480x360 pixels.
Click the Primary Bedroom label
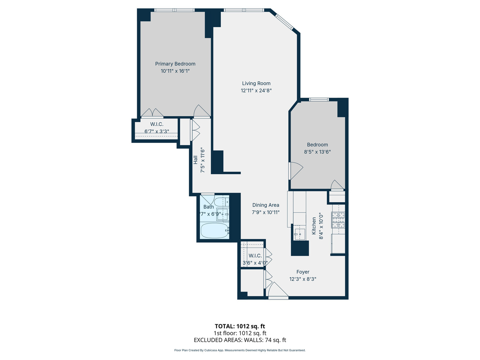pos(175,64)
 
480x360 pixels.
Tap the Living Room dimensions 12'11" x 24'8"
pos(256,90)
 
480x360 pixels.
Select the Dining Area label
pos(266,205)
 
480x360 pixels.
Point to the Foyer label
pos(303,272)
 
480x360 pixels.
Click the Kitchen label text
pos(314,226)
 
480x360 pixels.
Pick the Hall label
pos(195,160)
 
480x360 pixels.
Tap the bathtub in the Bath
pos(215,231)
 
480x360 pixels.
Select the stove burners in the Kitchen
pos(338,220)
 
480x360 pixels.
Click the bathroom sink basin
pos(223,214)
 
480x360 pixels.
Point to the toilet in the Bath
pos(221,201)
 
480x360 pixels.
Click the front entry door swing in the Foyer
pos(278,290)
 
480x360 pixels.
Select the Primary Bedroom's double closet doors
pos(152,113)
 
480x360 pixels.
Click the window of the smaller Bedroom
pos(319,99)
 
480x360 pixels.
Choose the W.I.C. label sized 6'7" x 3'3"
pos(157,128)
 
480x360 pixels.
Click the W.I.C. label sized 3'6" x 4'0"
pos(255,259)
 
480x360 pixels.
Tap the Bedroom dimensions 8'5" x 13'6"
pos(317,152)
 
